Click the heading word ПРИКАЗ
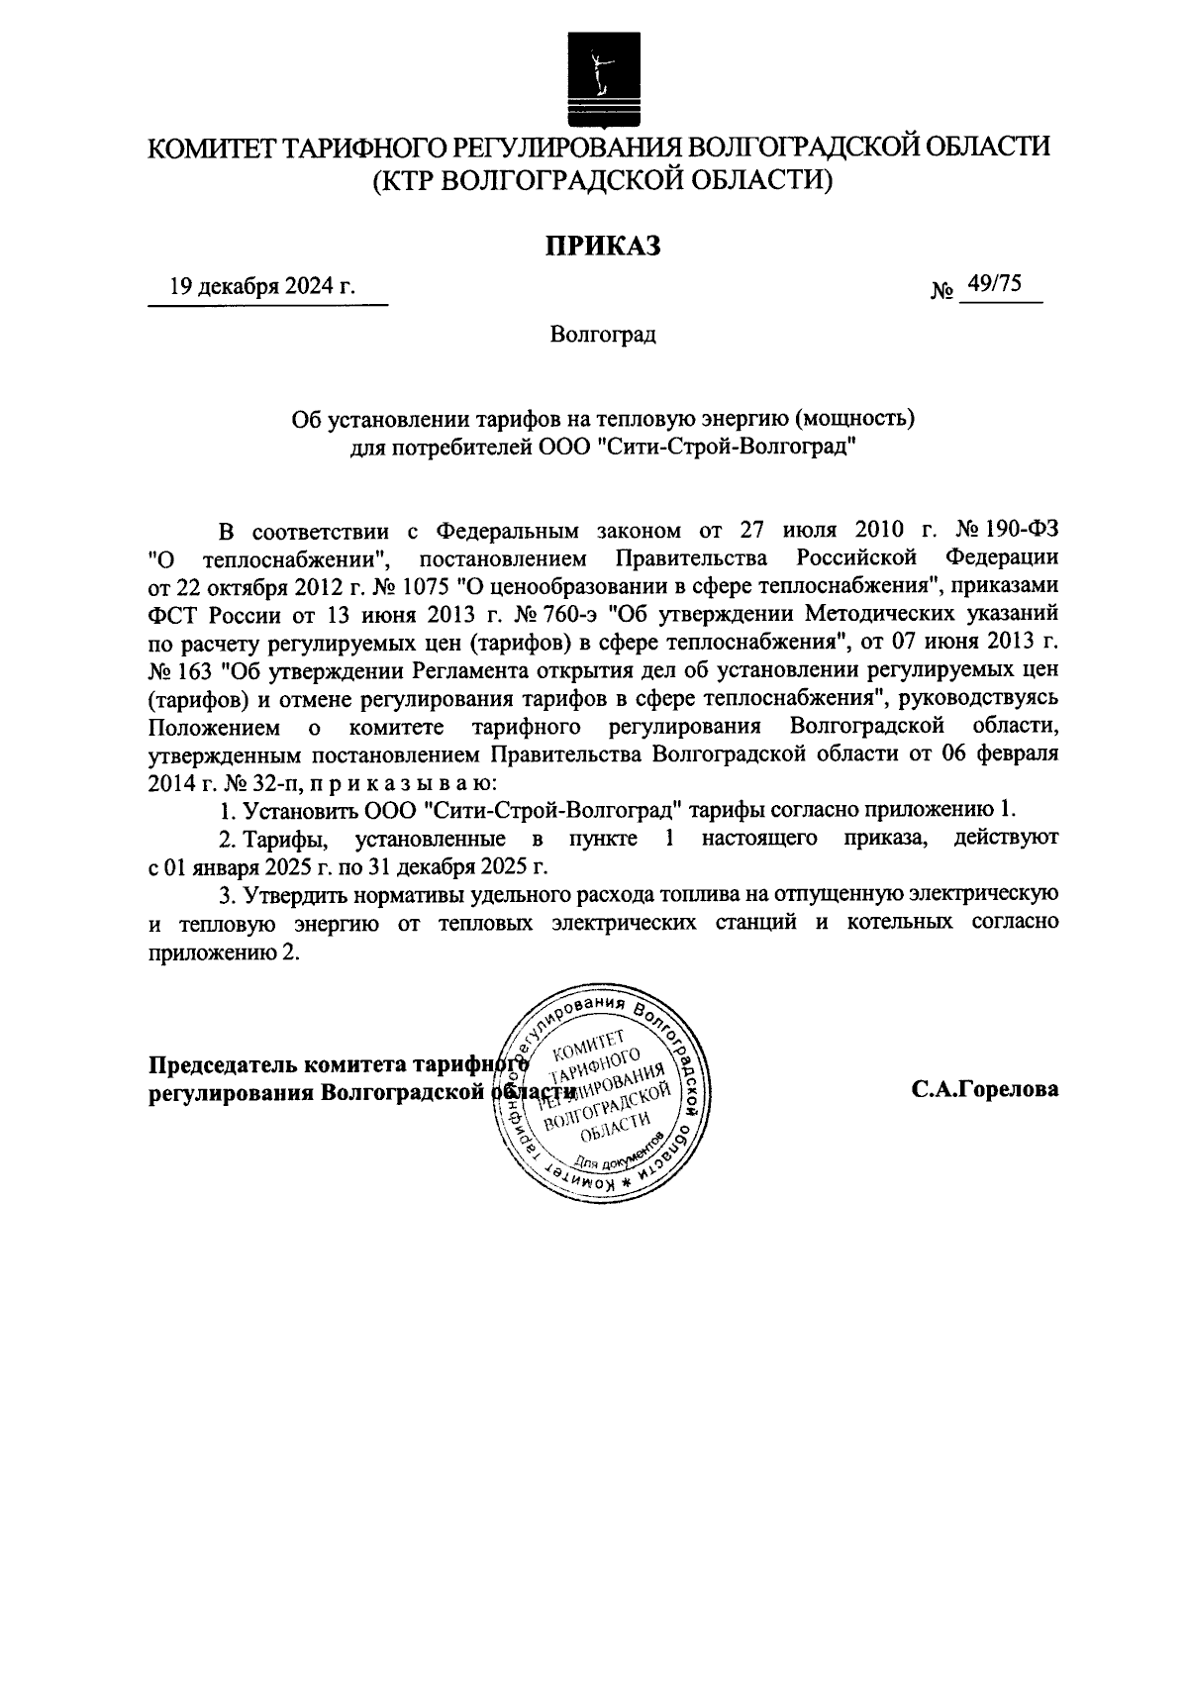click(599, 246)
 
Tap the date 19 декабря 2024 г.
click(261, 286)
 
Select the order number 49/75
click(995, 285)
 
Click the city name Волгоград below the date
click(603, 334)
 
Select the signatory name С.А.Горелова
click(985, 1089)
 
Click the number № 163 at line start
click(179, 672)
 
